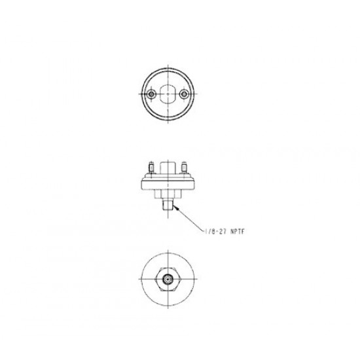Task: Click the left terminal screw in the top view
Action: [x=152, y=95]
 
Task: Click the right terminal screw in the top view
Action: [x=187, y=95]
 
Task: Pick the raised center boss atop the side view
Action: [x=170, y=168]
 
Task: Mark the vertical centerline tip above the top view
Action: [x=170, y=62]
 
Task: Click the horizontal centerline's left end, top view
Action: [x=135, y=95]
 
